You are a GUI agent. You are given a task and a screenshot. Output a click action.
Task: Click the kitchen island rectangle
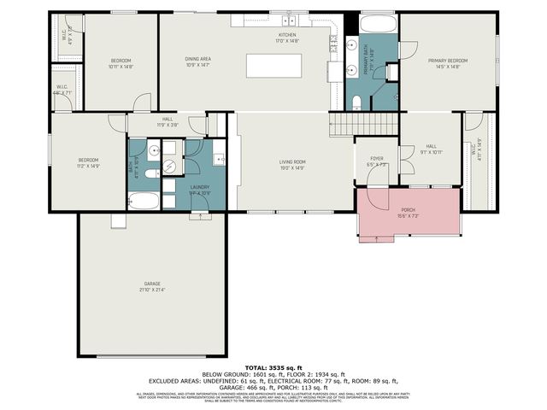pos(274,66)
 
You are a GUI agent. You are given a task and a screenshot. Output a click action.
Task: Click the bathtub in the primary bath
pos(377,24)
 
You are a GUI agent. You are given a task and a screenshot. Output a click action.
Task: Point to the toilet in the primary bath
pos(357,102)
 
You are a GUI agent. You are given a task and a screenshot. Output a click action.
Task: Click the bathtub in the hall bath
pos(144,202)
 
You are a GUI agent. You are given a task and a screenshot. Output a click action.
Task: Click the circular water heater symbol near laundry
pos(169,166)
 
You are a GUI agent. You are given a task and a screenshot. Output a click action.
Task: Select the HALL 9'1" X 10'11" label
pos(432,149)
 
